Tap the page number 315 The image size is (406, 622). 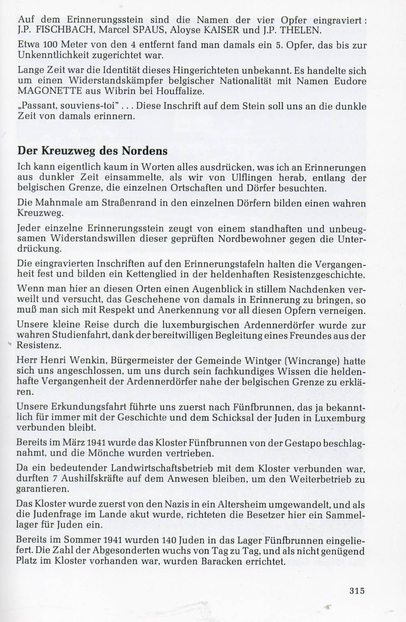357,591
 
